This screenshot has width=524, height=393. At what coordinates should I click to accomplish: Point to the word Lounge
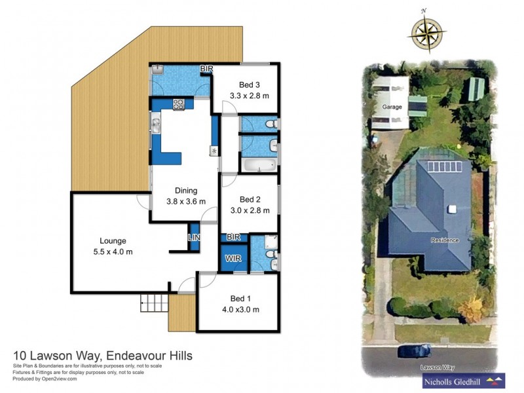point(113,240)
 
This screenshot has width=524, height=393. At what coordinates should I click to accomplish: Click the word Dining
point(186,191)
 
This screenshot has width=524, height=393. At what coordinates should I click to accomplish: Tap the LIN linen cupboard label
point(194,237)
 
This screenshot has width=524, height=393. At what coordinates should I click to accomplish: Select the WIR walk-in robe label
point(234,259)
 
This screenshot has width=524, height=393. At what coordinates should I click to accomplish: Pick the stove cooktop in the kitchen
point(179,103)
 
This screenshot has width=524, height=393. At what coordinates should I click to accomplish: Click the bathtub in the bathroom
point(257,164)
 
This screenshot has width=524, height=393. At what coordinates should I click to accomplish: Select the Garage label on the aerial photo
point(392,106)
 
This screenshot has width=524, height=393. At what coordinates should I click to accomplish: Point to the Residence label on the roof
point(445,240)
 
